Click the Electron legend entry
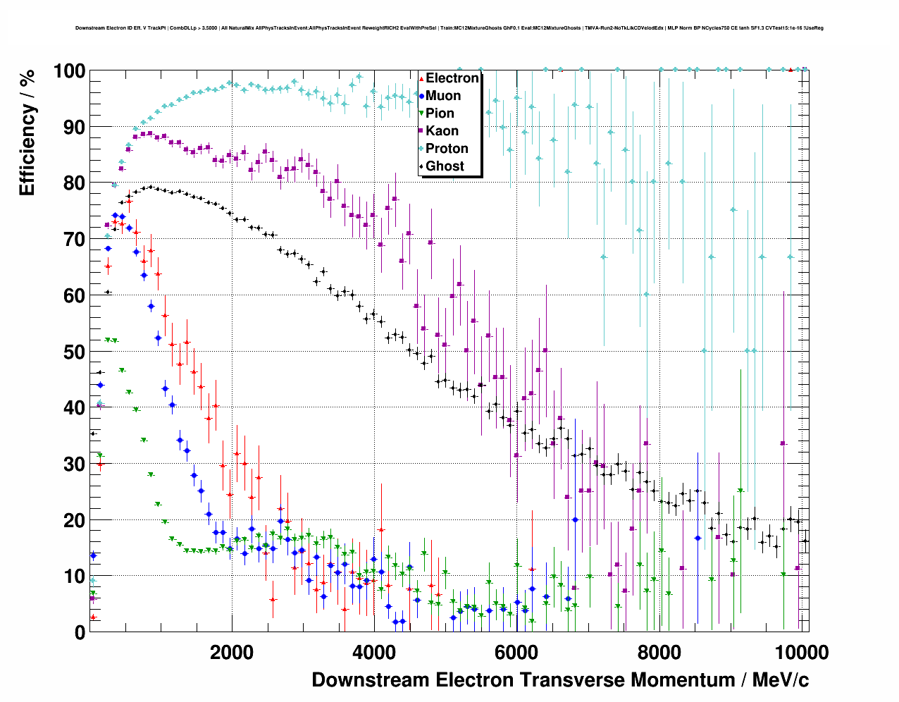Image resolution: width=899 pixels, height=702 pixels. click(452, 78)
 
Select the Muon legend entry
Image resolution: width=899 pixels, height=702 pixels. click(443, 96)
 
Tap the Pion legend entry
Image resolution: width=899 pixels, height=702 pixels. click(440, 113)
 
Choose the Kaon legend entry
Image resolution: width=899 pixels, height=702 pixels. click(442, 131)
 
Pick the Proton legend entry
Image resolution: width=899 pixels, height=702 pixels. click(447, 149)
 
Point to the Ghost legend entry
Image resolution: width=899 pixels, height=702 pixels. click(445, 166)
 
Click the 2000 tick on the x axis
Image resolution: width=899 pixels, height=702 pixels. click(232, 653)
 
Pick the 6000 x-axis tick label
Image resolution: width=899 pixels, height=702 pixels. click(516, 653)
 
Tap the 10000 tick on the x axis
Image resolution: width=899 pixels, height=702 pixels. click(802, 653)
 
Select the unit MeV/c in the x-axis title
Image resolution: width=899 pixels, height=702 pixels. click(781, 680)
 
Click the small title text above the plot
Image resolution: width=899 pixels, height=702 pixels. click(449, 28)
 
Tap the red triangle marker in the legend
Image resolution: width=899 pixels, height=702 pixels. click(421, 78)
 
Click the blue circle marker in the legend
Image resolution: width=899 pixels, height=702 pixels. click(421, 96)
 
